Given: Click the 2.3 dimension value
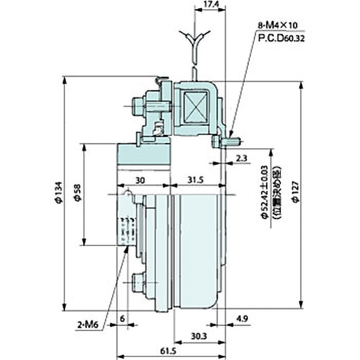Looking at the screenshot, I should (x=242, y=158).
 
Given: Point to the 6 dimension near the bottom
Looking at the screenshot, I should (x=122, y=318).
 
